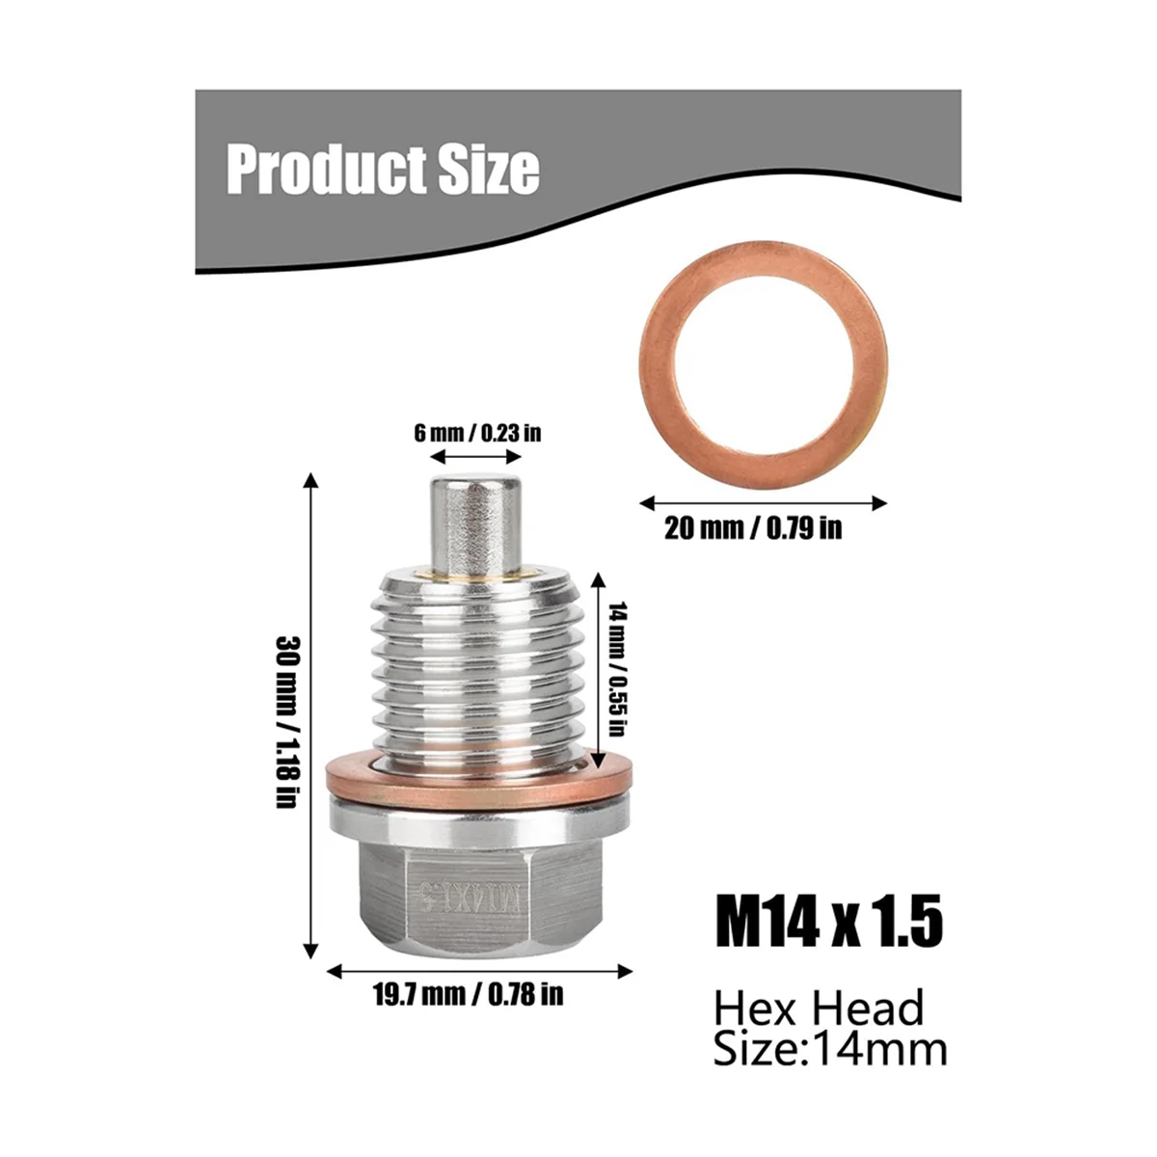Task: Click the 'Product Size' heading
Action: [x=383, y=170]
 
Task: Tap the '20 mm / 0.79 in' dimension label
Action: [x=752, y=528]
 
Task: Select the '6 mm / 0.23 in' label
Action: [x=478, y=431]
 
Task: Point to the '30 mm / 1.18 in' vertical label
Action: [x=284, y=720]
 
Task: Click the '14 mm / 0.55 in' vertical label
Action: [x=618, y=669]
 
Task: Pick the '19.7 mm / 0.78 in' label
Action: [x=468, y=994]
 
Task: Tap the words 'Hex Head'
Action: [x=819, y=1009]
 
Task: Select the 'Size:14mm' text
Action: [x=830, y=1049]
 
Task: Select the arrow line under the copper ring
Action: [x=763, y=502]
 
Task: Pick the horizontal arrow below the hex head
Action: [x=479, y=971]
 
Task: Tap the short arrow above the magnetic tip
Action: [x=478, y=457]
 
